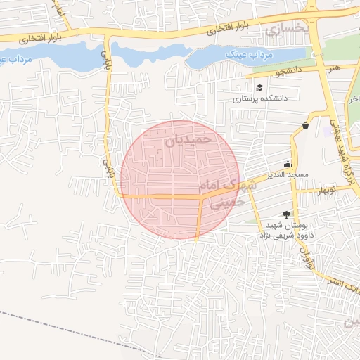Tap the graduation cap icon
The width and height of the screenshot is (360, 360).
[x=260, y=88]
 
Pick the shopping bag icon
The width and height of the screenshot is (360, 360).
[x=306, y=126]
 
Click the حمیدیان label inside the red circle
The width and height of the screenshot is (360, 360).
[x=188, y=140]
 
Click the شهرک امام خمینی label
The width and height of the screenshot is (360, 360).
[x=221, y=191]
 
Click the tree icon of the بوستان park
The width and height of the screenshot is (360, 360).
[x=285, y=214]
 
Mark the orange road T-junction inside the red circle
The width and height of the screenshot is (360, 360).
[x=202, y=198]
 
